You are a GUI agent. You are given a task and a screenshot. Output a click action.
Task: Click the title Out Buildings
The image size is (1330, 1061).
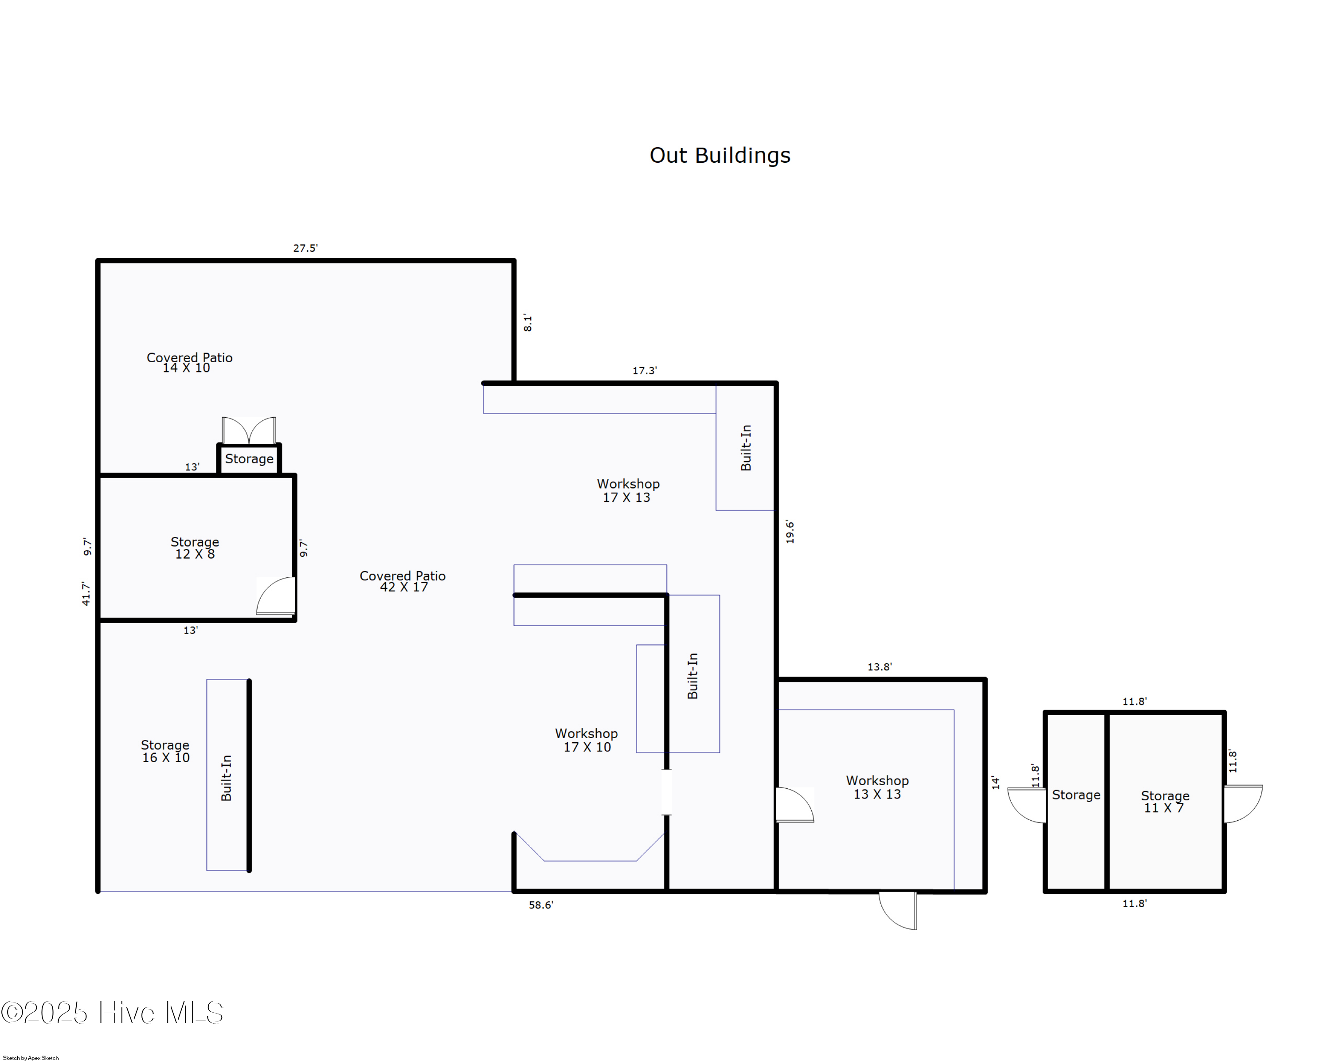[720, 156]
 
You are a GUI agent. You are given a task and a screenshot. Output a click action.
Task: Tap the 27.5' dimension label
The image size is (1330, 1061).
[305, 248]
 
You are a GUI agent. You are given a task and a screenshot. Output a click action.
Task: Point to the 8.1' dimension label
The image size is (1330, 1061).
[528, 323]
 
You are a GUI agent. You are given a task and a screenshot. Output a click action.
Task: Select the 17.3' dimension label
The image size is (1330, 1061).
[645, 371]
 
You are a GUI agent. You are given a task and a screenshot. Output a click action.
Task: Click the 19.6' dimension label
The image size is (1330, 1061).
[790, 532]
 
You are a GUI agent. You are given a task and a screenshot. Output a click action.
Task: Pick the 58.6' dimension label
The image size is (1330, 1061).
[541, 905]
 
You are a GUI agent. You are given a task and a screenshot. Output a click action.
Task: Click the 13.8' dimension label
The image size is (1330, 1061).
[880, 667]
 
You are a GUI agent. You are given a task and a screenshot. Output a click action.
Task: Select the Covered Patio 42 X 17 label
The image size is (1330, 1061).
[403, 581]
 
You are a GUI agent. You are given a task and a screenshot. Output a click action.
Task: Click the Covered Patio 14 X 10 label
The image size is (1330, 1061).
[189, 363]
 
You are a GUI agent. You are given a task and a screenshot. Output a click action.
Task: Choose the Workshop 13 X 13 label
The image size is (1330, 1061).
[877, 787]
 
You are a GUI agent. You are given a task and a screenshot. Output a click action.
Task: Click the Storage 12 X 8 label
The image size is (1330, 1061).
[195, 548]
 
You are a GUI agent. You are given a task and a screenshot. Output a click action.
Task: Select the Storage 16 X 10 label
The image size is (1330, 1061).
[165, 752]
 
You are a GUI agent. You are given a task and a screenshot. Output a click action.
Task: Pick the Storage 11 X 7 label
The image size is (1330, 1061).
[1165, 802]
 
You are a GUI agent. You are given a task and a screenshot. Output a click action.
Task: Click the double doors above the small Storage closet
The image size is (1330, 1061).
[249, 430]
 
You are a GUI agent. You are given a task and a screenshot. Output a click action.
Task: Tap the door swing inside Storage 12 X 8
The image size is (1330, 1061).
[275, 596]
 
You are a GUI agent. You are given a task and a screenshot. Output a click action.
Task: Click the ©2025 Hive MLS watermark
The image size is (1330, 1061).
[112, 1013]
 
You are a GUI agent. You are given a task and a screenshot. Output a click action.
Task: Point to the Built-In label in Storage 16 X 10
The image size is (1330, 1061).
[227, 778]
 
